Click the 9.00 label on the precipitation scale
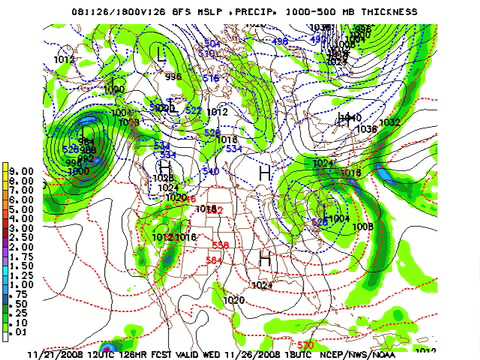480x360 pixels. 20,168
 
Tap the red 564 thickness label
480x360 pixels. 212,261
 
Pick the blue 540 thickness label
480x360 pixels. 210,172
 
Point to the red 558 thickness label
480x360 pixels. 220,244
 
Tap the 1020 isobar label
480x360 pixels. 234,299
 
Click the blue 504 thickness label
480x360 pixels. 211,44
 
